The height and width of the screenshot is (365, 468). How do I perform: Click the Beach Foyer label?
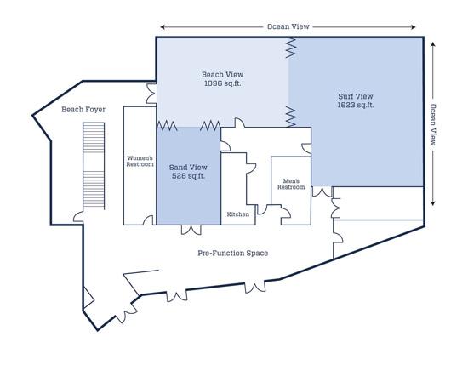83,110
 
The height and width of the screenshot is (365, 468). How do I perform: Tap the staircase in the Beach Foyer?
94,166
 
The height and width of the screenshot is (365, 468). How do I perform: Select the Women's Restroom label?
140,161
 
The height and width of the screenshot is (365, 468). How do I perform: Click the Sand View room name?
188,168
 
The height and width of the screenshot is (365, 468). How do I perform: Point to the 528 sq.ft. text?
188,176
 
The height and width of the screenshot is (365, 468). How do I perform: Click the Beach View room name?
222,74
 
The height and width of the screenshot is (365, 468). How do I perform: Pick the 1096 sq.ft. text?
222,83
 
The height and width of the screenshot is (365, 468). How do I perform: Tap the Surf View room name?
356,96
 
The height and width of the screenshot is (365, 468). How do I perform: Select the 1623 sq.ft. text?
356,105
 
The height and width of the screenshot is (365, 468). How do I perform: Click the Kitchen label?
238,214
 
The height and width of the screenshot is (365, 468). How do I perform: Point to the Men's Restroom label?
291,184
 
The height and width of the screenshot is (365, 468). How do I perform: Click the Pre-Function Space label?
233,253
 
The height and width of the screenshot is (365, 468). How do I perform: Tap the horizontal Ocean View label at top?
288,26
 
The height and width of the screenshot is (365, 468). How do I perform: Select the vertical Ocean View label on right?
433,124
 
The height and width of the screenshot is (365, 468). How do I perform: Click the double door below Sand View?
191,230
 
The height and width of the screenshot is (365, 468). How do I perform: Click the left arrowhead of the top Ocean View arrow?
163,27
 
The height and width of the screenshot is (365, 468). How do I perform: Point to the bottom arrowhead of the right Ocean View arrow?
433,203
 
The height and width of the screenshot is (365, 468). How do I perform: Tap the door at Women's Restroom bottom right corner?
149,220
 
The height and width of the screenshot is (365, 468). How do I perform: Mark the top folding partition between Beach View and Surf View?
290,48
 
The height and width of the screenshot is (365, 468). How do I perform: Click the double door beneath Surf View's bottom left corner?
322,192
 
